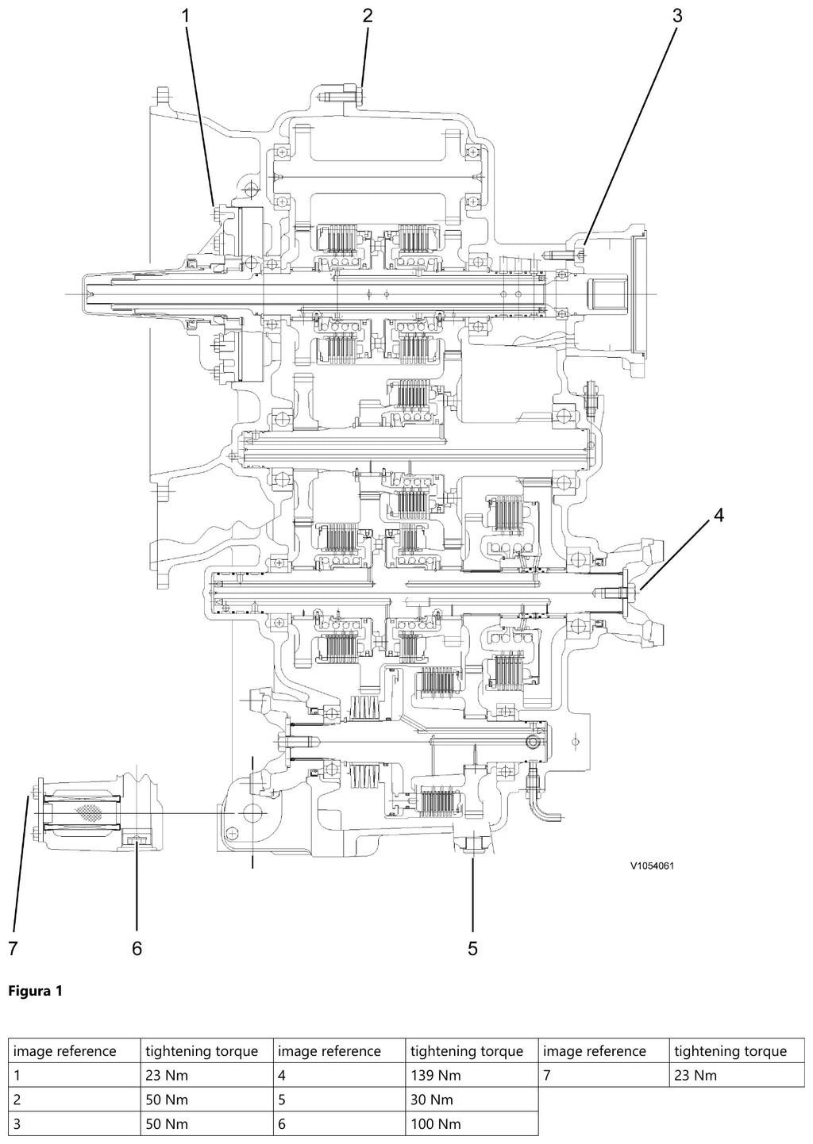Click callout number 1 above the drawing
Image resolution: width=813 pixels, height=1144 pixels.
click(x=186, y=16)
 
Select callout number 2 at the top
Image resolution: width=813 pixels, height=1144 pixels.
click(x=368, y=16)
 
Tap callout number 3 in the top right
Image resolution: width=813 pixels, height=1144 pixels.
click(x=677, y=16)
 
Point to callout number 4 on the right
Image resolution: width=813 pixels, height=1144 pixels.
click(x=719, y=516)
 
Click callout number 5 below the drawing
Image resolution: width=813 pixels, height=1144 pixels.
click(x=472, y=948)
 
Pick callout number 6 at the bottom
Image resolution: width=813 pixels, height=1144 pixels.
click(x=137, y=948)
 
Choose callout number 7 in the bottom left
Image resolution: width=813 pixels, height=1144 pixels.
click(x=13, y=948)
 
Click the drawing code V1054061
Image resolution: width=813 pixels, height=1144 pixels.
click(x=652, y=866)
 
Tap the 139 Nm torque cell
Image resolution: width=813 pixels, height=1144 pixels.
click(x=436, y=1076)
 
